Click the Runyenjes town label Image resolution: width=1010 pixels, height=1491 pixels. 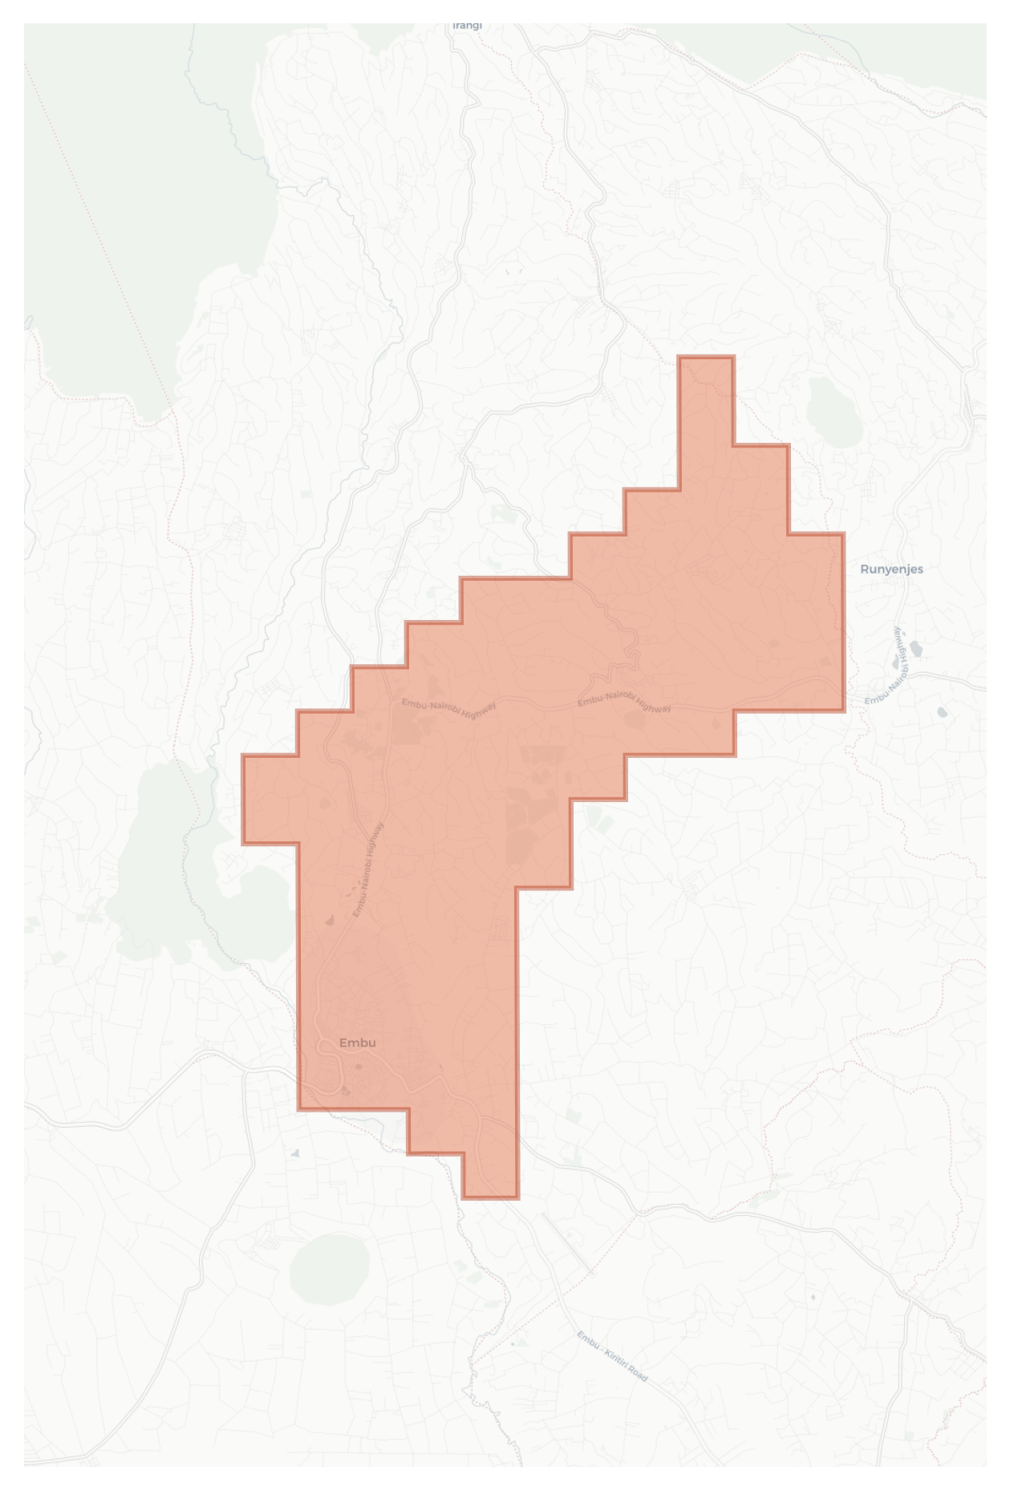click(891, 569)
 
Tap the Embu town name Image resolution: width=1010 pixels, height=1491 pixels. click(357, 1043)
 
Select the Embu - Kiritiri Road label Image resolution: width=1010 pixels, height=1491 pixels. click(611, 1356)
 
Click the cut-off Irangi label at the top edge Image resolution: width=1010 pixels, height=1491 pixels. click(467, 26)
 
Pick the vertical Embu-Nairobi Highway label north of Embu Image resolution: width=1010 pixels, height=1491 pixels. click(368, 870)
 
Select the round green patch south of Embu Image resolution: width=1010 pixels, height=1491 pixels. click(329, 1270)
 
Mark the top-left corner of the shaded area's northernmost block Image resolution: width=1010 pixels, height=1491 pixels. click(679, 357)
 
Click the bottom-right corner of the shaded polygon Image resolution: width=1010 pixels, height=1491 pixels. click(517, 1197)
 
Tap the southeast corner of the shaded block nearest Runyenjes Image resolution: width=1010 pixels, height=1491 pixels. click(843, 710)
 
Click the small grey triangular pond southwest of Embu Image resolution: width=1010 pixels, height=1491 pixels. click(295, 1153)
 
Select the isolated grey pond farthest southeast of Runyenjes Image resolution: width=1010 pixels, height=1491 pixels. click(942, 712)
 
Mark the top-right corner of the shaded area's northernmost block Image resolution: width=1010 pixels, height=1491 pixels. click(733, 357)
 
